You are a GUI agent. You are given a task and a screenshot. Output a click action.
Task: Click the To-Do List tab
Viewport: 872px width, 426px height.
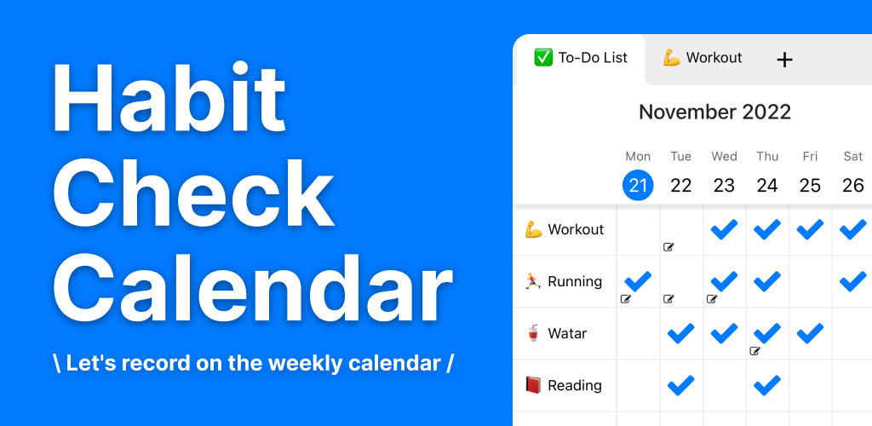pos(581,58)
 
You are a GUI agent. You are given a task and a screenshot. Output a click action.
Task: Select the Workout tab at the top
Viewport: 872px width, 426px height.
pos(703,58)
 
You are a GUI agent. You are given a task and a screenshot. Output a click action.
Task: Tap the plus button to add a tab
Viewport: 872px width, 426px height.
pos(784,60)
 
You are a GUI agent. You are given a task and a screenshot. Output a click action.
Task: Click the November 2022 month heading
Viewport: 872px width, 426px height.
pos(714,112)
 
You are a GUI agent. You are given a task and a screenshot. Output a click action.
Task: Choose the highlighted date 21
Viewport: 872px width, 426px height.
pos(638,185)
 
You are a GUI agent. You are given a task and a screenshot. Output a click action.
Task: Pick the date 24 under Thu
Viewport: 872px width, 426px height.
pos(767,185)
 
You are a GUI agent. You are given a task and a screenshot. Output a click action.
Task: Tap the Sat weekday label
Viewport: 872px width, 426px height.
pos(852,156)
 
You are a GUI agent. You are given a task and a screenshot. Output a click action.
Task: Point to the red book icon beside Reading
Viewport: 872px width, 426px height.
pos(533,385)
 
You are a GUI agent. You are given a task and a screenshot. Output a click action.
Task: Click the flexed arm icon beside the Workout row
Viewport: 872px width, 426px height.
pos(533,230)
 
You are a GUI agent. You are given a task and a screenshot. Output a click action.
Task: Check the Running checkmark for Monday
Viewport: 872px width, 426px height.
pos(638,281)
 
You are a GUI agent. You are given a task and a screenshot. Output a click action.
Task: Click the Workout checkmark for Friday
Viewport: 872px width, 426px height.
pos(810,229)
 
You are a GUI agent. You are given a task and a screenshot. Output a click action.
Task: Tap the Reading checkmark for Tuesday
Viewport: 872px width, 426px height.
pos(680,385)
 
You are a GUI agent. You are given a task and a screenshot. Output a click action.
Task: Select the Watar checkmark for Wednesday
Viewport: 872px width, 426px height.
pos(724,333)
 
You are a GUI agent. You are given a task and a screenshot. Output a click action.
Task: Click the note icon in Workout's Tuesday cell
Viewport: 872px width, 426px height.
pos(669,247)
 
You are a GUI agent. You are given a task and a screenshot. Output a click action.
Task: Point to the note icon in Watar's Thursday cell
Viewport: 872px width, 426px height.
pos(754,351)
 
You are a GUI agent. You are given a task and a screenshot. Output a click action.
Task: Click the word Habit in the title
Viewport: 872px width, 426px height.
pos(169,97)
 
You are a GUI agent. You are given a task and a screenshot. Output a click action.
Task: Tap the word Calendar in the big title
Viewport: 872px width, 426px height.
pos(253,287)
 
